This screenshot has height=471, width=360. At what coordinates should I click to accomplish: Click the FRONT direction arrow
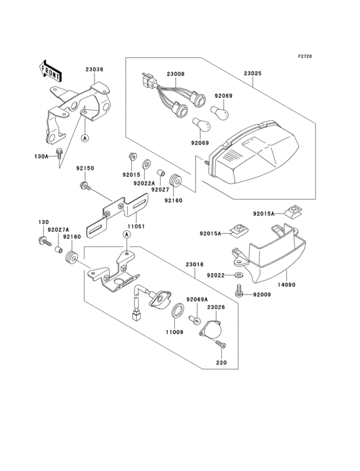click(x=50, y=71)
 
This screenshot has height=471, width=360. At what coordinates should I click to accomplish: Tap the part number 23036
click(x=94, y=69)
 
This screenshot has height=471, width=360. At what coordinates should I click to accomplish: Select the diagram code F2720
click(x=305, y=56)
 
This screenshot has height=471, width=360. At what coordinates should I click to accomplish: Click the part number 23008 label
click(x=175, y=74)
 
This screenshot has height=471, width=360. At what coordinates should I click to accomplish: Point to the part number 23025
click(x=253, y=73)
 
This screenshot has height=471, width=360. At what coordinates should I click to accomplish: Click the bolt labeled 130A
click(x=60, y=154)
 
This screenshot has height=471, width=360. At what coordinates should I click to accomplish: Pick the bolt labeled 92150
click(x=85, y=187)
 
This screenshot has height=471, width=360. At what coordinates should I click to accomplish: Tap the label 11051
click(x=136, y=226)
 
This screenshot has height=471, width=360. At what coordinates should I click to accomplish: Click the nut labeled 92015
click(x=132, y=156)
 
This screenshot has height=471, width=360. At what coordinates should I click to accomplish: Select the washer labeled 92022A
click(x=147, y=164)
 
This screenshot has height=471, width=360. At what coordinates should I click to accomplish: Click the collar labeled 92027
click(x=162, y=174)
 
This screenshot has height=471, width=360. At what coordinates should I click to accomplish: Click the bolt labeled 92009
click(x=239, y=291)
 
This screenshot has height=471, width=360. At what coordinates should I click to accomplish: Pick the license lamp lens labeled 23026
click(x=211, y=329)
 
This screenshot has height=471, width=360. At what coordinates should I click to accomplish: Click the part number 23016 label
click(x=194, y=264)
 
